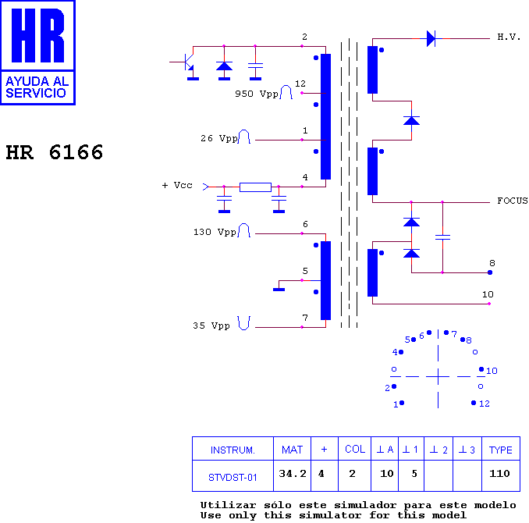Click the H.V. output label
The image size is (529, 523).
coord(509,37)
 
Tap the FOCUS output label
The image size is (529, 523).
coord(513,201)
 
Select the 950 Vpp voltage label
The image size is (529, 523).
coord(257,94)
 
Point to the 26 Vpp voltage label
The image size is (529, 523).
coord(219,138)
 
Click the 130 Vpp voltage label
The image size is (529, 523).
coord(215,233)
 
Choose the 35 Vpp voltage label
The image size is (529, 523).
coord(211,326)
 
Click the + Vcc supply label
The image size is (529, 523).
coord(177,185)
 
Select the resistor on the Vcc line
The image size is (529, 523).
coord(255,187)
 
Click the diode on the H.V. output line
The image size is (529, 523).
coord(431,38)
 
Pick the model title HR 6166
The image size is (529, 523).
coord(55,152)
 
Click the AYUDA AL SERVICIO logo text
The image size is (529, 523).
coord(37,87)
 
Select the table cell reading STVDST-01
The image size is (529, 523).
coord(233,478)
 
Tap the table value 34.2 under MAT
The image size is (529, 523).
coord(292,474)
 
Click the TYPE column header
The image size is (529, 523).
coord(501,450)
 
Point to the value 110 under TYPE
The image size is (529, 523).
coord(499,473)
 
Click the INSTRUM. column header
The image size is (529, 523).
coord(233,450)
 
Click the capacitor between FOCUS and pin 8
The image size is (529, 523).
coord(442,237)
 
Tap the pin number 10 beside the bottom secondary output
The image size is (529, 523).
coord(488,294)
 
